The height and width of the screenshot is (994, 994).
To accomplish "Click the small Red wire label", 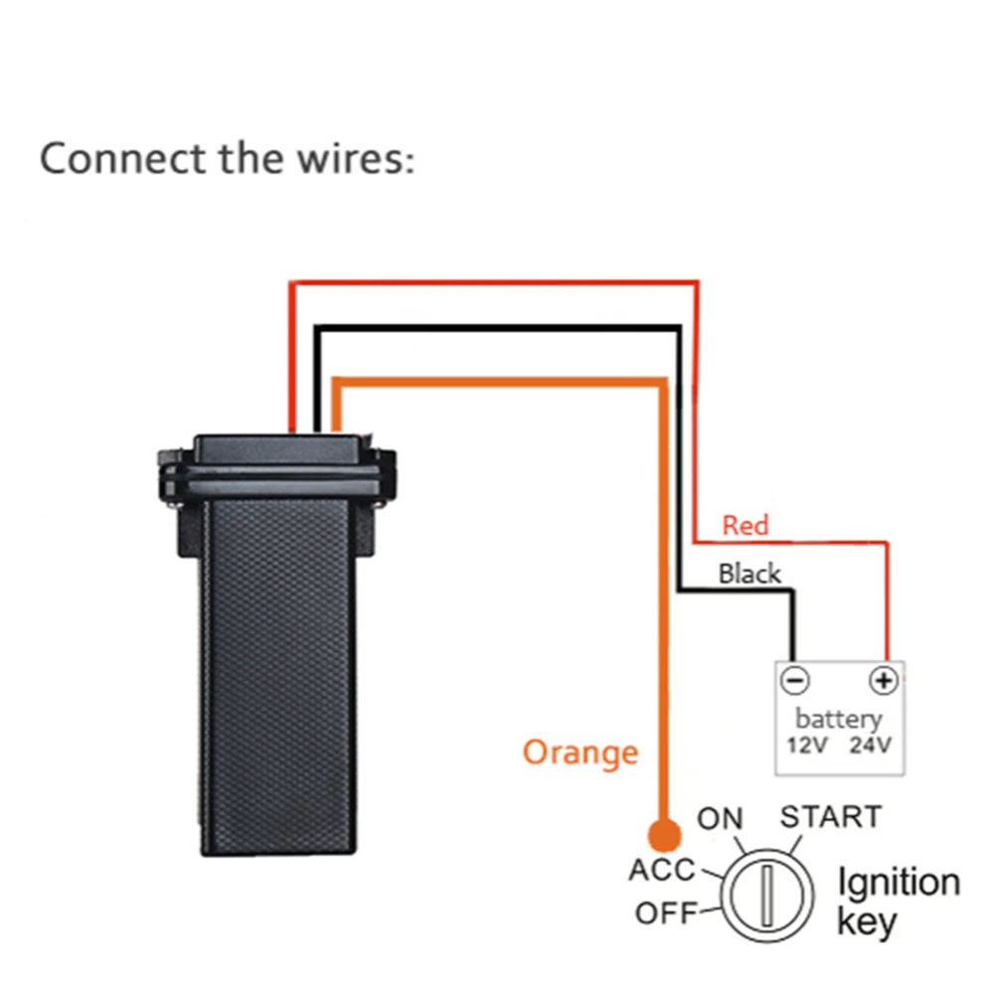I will pyautogui.click(x=745, y=525).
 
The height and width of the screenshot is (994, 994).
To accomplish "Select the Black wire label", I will pyautogui.click(x=749, y=574).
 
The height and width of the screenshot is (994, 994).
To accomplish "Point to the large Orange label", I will pyautogui.click(x=580, y=752).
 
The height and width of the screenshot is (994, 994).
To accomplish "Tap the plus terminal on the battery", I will pyautogui.click(x=883, y=681).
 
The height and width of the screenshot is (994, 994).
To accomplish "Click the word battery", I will pyautogui.click(x=838, y=718).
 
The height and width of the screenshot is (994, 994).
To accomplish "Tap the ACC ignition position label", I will pyautogui.click(x=662, y=870).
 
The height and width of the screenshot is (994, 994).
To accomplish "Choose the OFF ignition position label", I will pyautogui.click(x=667, y=912).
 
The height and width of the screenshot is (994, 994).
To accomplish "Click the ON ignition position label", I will pyautogui.click(x=720, y=820).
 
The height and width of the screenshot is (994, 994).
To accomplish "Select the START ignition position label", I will pyautogui.click(x=830, y=817).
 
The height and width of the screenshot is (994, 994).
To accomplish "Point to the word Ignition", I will pyautogui.click(x=899, y=883).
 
